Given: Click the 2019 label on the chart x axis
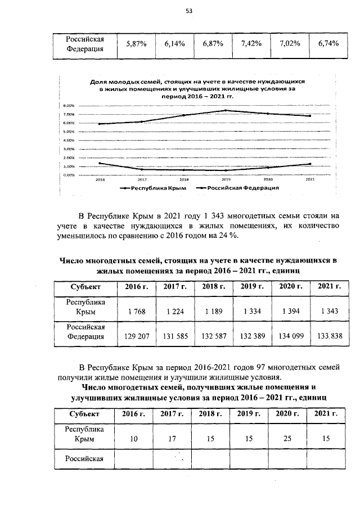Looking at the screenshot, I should coord(226,179).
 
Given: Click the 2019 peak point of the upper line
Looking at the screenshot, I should coord(226,110).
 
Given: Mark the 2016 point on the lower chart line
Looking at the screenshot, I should coord(100,163).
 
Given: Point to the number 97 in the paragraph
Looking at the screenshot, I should coord(246,367).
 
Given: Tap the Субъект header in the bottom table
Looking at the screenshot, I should coord(85,414).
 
